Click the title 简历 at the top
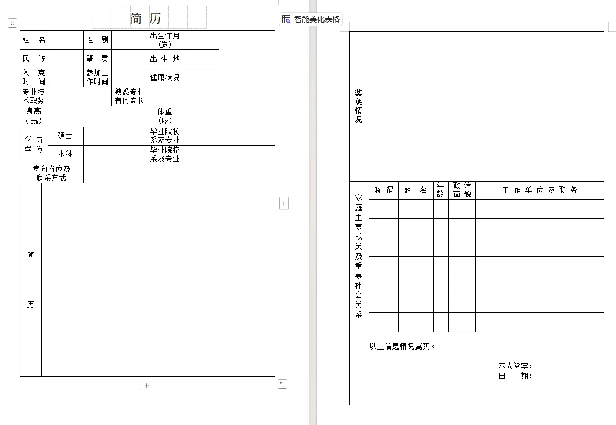(x=146, y=19)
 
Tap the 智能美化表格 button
(x=311, y=19)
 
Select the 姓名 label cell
(x=34, y=40)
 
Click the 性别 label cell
(x=98, y=40)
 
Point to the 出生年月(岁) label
(x=165, y=40)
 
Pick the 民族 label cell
(x=34, y=59)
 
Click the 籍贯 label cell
(x=98, y=59)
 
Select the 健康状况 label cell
(x=165, y=78)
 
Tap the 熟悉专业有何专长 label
(x=129, y=96)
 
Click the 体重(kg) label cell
(x=165, y=116)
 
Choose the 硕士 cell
(x=65, y=136)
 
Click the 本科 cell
(x=65, y=154)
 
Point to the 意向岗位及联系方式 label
(x=52, y=174)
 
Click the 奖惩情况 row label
(x=359, y=106)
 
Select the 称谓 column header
(x=384, y=190)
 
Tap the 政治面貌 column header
(x=462, y=190)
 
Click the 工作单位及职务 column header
(x=539, y=190)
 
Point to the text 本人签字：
(x=515, y=366)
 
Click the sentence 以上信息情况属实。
(x=402, y=347)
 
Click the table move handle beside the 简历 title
(x=12, y=23)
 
